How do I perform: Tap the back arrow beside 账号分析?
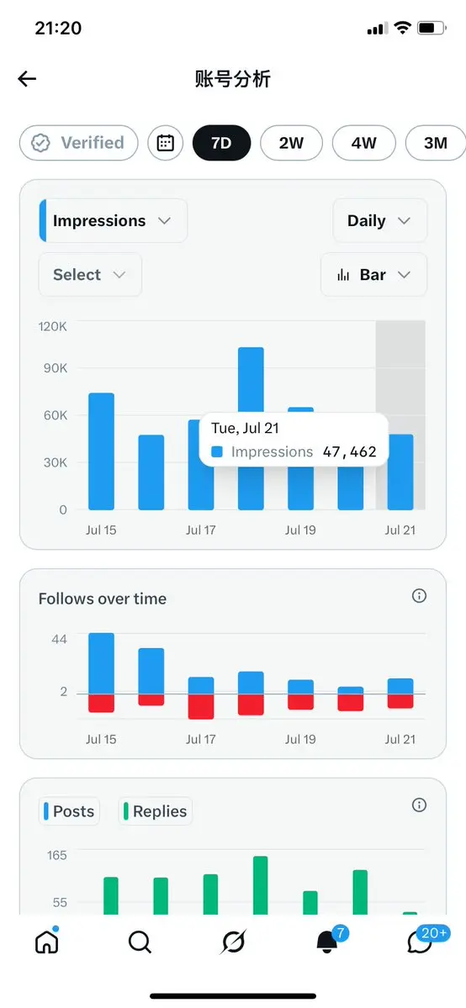coord(27,79)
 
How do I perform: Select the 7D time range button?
coord(221,143)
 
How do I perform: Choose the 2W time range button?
coord(291,143)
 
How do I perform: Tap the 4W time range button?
coord(363,143)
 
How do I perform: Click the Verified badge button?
coord(78,143)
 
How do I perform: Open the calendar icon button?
coord(166,143)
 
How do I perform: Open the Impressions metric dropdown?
coord(114,220)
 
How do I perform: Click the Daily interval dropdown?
coord(379,220)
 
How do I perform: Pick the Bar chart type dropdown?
coord(373,275)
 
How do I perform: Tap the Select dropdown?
coord(90,275)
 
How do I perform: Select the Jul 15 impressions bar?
coord(101,451)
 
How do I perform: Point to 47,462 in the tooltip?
coord(350,452)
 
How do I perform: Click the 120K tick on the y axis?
coord(53,326)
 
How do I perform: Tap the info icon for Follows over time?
coord(419,596)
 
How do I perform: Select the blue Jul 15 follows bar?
coord(101,663)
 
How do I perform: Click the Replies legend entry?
coord(155,811)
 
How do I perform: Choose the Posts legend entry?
coord(70,811)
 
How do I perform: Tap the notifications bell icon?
coord(327,942)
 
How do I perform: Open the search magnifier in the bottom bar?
coord(140,942)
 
